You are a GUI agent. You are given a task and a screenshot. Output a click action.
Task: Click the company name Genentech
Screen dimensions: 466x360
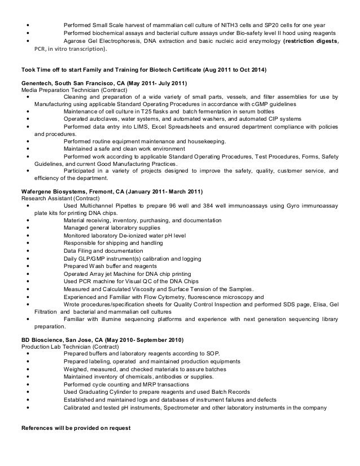pyautogui.click(x=38, y=83)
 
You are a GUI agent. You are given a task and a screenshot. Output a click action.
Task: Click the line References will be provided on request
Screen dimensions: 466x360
pyautogui.click(x=76, y=428)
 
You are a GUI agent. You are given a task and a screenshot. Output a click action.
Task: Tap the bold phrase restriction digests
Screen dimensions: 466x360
pyautogui.click(x=311, y=41)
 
